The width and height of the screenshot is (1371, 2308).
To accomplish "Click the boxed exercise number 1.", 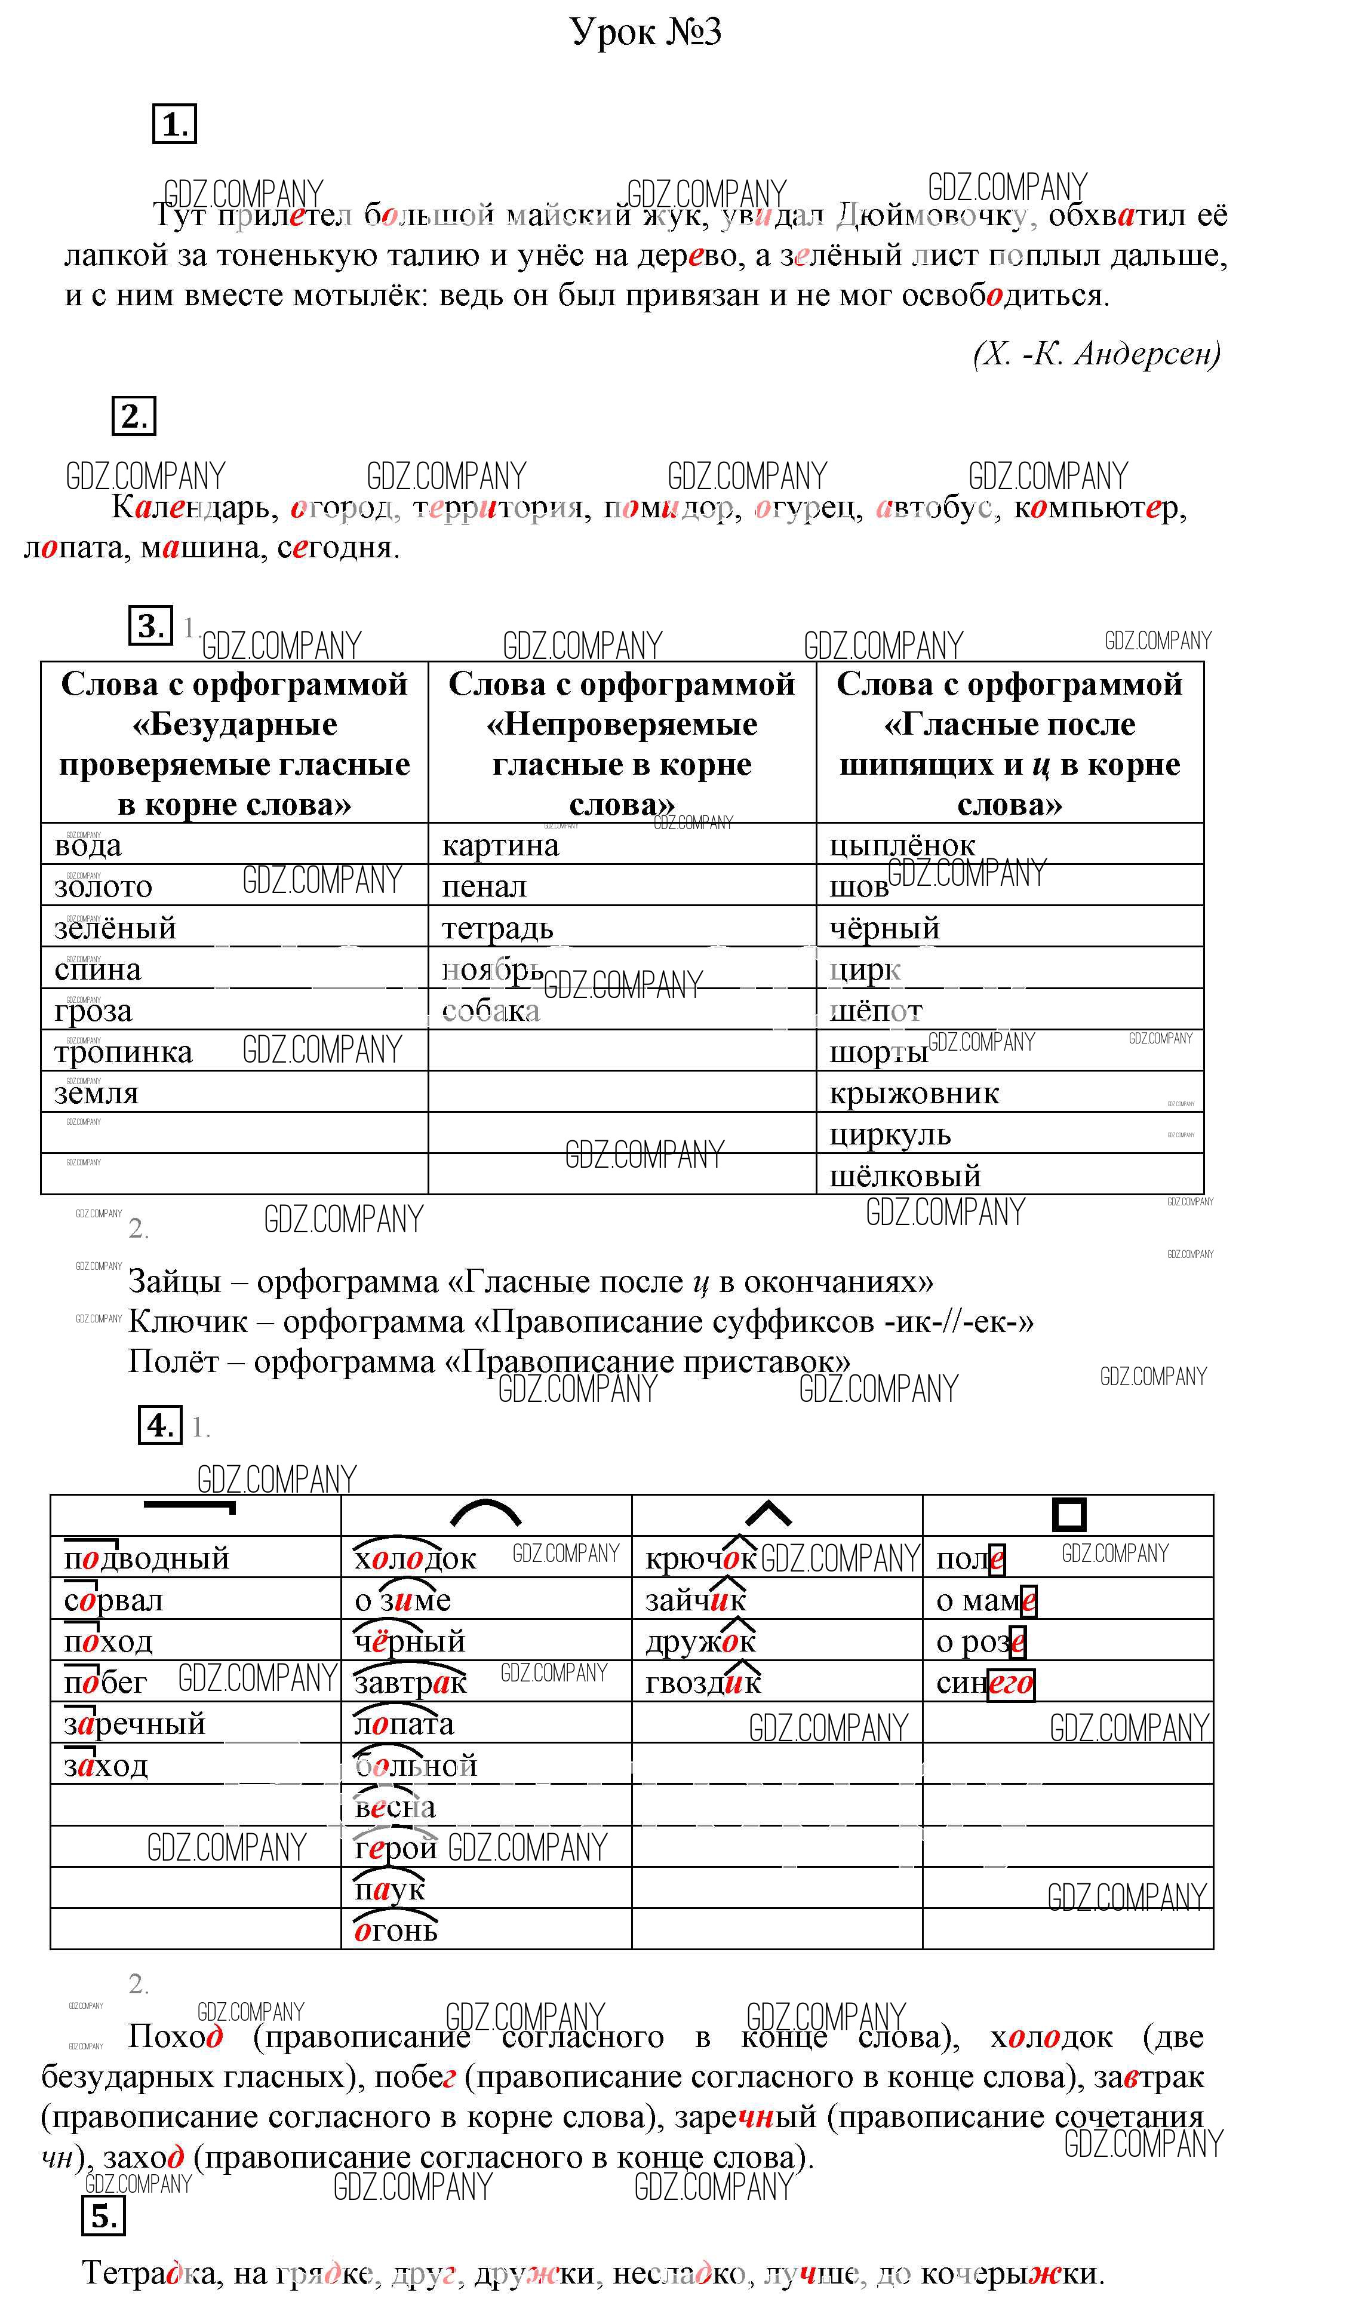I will tap(174, 125).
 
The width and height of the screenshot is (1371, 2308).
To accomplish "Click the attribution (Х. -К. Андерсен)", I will tap(1096, 354).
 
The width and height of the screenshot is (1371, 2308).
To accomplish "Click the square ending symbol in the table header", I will tap(1069, 1514).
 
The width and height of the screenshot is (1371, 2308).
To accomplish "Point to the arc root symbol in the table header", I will tap(486, 1514).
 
